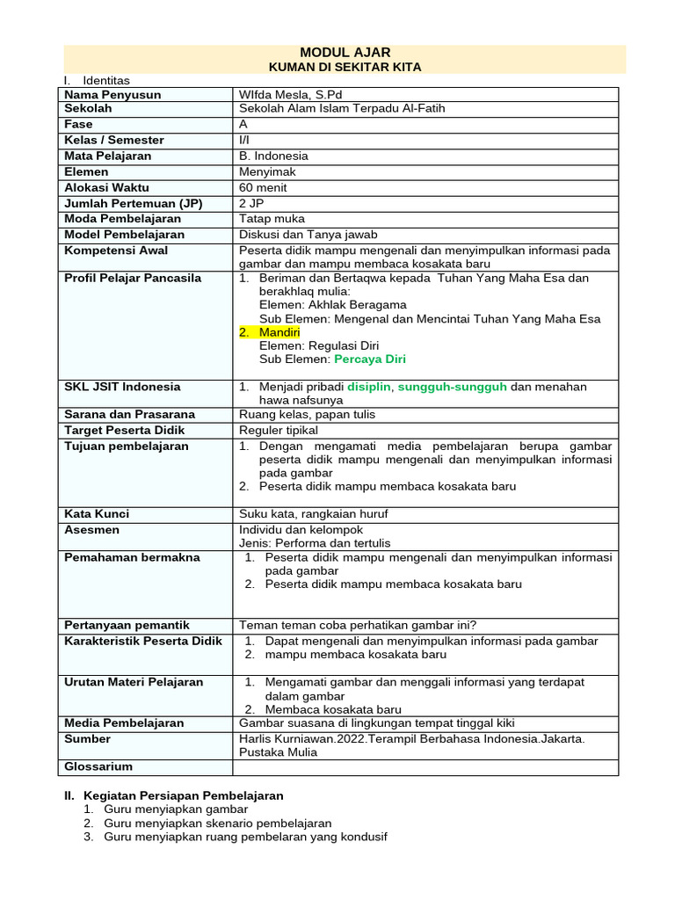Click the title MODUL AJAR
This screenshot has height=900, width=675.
point(345,53)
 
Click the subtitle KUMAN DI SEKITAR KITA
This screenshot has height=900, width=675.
point(345,67)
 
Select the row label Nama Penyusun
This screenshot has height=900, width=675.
point(112,94)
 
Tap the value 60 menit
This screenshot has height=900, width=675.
point(263,187)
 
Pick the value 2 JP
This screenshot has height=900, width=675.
point(252,203)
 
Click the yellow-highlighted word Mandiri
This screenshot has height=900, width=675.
point(279,332)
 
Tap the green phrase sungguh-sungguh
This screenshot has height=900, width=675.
point(453,387)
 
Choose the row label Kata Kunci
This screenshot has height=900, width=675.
point(97,513)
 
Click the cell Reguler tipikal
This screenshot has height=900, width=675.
point(279,430)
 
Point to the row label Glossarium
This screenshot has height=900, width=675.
point(98,766)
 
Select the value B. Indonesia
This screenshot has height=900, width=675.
point(273,156)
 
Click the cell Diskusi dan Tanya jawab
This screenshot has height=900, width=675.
point(308,235)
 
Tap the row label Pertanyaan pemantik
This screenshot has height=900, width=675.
point(127,625)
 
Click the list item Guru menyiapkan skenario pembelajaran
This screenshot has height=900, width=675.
point(217,824)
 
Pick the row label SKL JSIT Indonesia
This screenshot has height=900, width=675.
point(122,387)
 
